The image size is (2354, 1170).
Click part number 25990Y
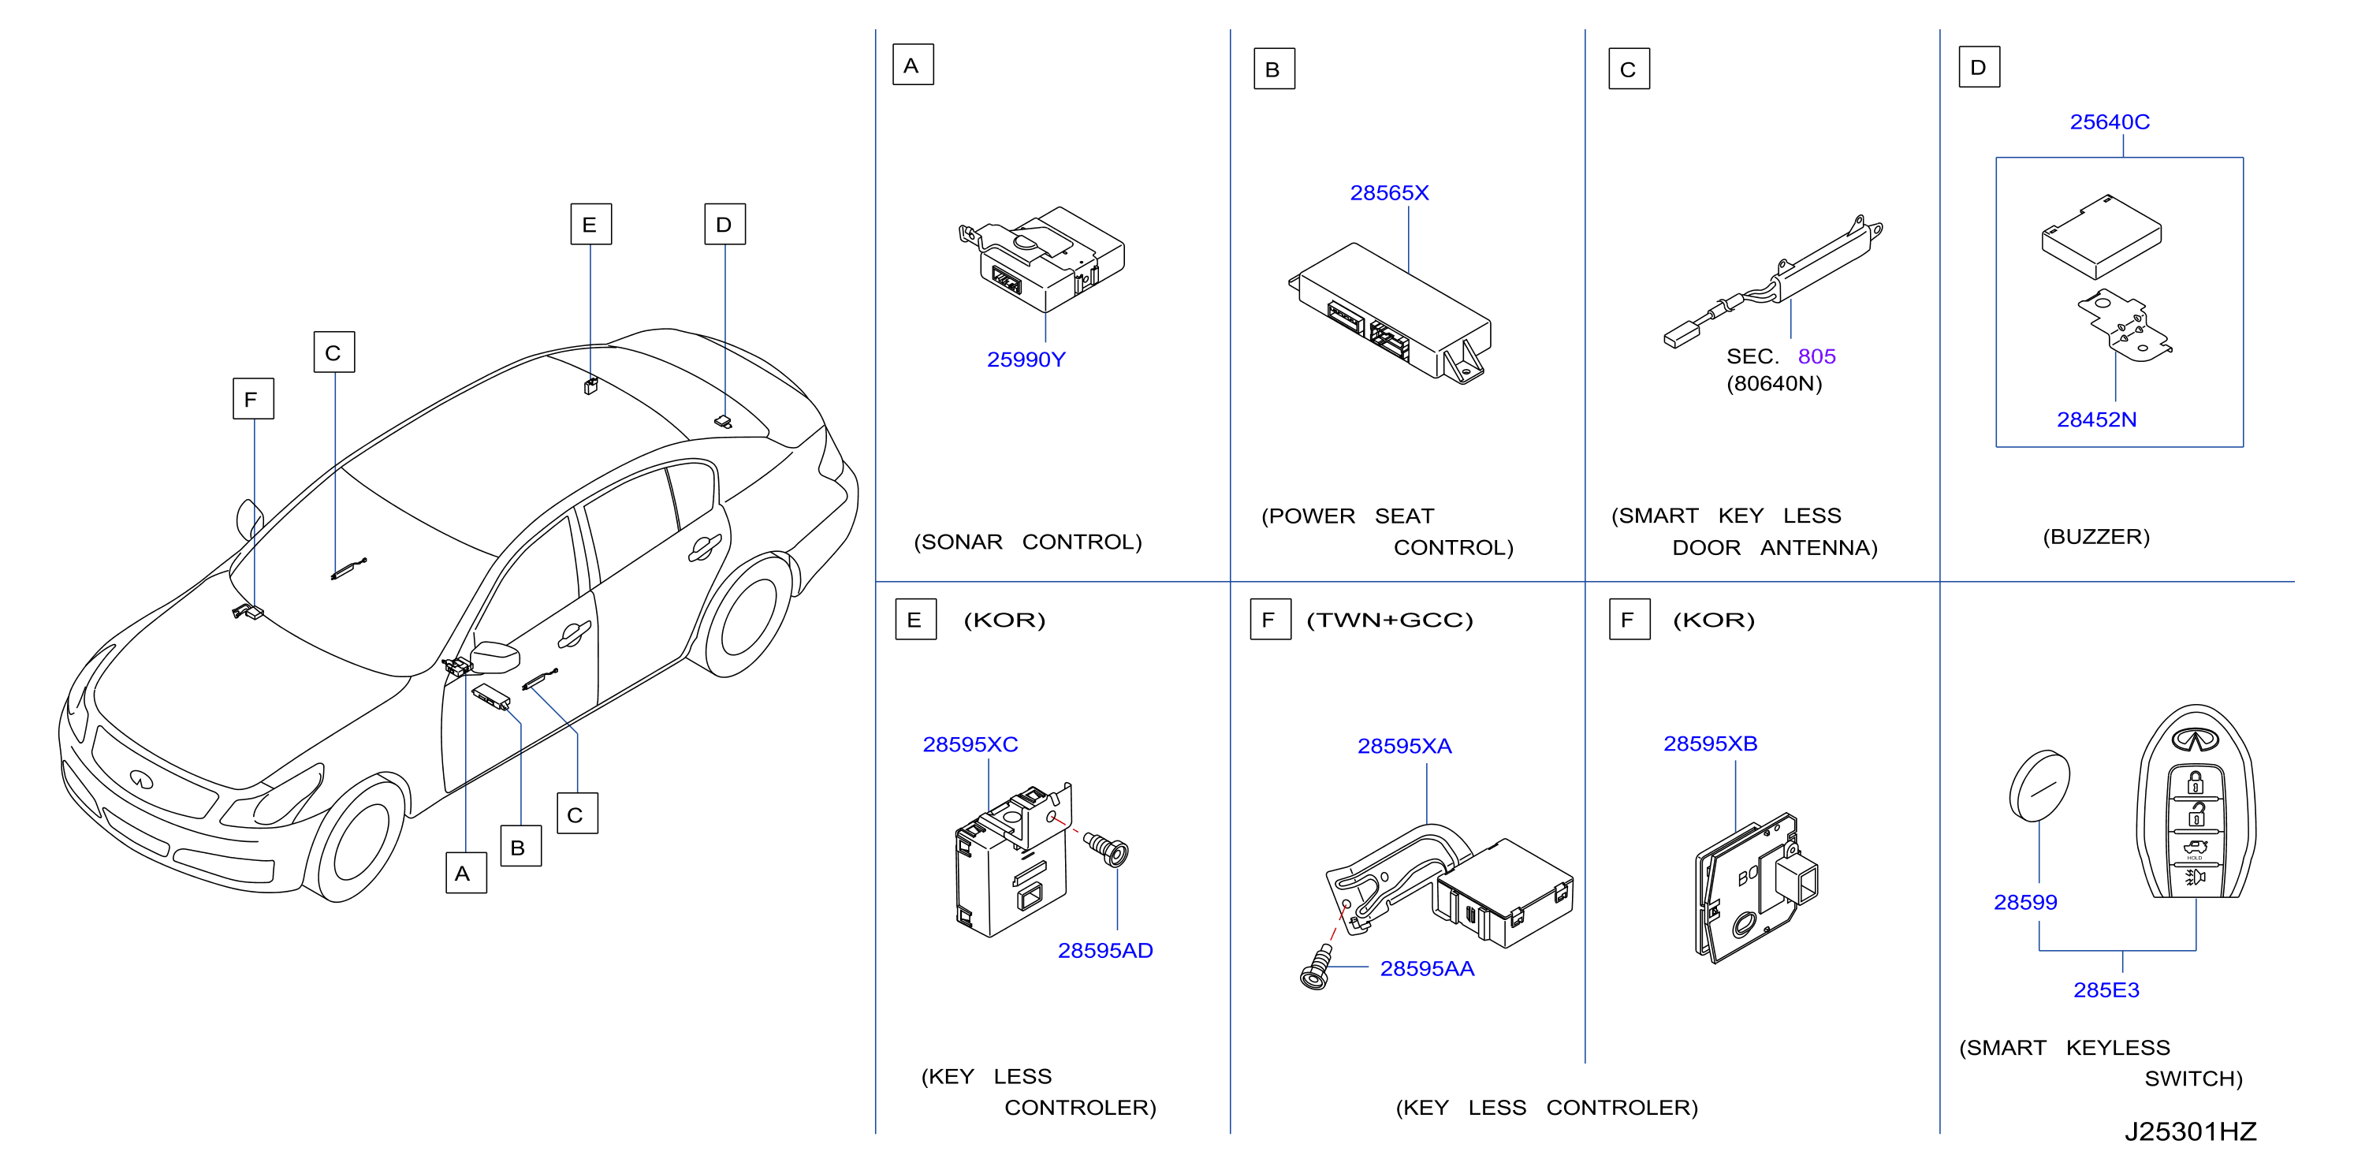click(x=1026, y=360)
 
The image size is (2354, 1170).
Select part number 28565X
click(x=1389, y=193)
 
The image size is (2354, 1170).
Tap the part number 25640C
click(x=2109, y=121)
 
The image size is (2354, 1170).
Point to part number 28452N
click(x=2096, y=419)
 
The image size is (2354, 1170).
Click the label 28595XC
click(x=970, y=744)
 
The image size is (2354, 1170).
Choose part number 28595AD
click(x=1104, y=951)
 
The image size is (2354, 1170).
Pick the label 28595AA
click(x=1426, y=969)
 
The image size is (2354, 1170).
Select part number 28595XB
click(x=1710, y=743)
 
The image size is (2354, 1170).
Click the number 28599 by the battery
click(x=2025, y=902)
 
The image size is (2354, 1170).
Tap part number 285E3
click(x=2106, y=990)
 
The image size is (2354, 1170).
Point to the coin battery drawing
click(x=2039, y=786)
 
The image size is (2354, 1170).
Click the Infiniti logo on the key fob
click(x=2195, y=739)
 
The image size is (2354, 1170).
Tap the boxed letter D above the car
click(x=724, y=224)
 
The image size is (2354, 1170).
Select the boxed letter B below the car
click(x=520, y=847)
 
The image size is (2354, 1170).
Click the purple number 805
click(x=1816, y=356)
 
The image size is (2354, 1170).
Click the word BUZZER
click(x=2095, y=537)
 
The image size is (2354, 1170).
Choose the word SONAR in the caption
click(x=961, y=542)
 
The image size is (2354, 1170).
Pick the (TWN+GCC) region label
click(x=1389, y=620)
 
